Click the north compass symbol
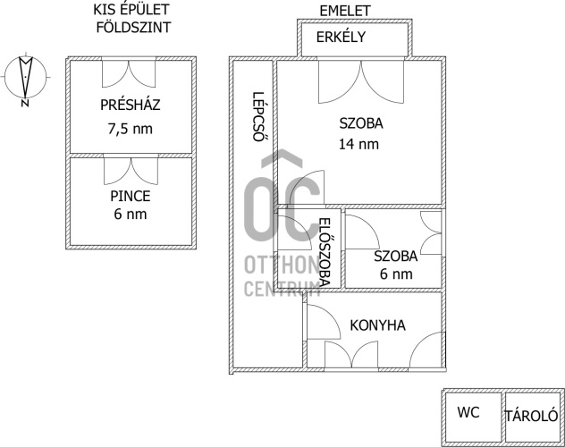point(26,79)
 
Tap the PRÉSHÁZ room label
point(131,105)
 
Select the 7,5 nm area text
point(131,128)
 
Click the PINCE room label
point(131,196)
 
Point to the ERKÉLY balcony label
point(354,38)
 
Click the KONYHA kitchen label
point(377,325)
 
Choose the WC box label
point(469,414)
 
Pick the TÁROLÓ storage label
point(532,416)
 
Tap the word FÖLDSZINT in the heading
point(132,27)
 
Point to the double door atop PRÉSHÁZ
point(131,72)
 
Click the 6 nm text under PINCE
point(131,215)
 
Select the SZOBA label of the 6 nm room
point(394,256)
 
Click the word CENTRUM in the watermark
point(282,287)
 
